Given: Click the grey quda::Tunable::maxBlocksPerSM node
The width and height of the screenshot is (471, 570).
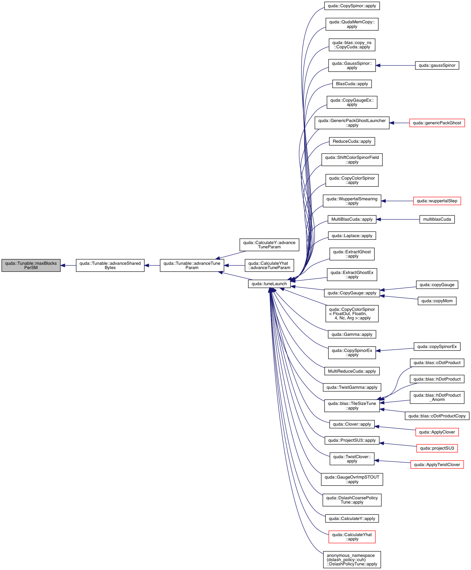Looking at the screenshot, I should tap(31, 265).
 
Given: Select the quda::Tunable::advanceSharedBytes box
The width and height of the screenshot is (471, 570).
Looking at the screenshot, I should tap(110, 265).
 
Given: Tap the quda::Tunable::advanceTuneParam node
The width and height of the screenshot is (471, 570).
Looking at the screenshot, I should tap(192, 265).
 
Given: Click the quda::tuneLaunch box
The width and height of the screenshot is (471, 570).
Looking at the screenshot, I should tap(269, 284).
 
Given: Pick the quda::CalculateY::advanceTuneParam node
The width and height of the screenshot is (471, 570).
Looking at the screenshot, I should tap(269, 245).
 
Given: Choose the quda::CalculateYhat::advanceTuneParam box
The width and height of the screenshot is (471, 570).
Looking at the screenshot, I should tap(269, 265).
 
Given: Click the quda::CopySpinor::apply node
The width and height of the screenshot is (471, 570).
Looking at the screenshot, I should tap(352, 6).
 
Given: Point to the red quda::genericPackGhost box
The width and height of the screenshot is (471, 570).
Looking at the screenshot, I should tap(437, 123).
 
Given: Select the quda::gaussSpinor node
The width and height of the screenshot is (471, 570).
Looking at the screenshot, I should tap(437, 65).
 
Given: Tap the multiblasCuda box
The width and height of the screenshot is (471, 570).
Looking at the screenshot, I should tap(437, 219).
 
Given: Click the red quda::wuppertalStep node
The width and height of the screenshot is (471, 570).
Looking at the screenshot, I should tap(437, 201).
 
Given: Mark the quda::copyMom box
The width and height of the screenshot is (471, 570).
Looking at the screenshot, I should tap(437, 301).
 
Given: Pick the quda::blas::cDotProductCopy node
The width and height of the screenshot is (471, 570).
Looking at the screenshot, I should tap(437, 416).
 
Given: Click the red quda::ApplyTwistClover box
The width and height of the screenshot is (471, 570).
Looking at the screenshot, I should tap(437, 465).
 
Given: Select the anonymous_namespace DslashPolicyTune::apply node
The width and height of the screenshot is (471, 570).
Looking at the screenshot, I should tap(352, 560).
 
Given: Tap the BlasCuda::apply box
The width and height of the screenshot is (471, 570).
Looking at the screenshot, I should tap(352, 84).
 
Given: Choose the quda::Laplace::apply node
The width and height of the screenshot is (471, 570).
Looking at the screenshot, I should tap(352, 236).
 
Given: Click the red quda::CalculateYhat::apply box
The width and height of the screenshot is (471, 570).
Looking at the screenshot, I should tap(352, 537).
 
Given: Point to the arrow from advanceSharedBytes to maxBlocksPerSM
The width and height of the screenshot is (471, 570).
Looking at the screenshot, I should tap(68, 265).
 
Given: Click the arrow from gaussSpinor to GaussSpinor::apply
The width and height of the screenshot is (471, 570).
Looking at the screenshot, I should tap(395, 65).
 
